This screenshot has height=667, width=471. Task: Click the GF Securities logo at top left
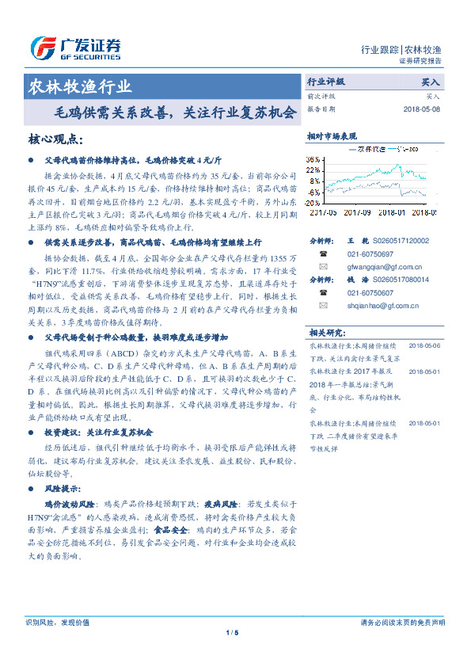[75, 48]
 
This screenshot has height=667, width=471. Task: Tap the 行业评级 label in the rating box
[326, 82]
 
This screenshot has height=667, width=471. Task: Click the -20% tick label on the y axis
[313, 203]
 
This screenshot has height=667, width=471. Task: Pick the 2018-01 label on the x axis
[393, 212]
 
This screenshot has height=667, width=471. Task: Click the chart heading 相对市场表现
[332, 136]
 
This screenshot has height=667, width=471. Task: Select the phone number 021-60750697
[370, 253]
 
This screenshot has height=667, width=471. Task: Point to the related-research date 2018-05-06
[424, 346]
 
